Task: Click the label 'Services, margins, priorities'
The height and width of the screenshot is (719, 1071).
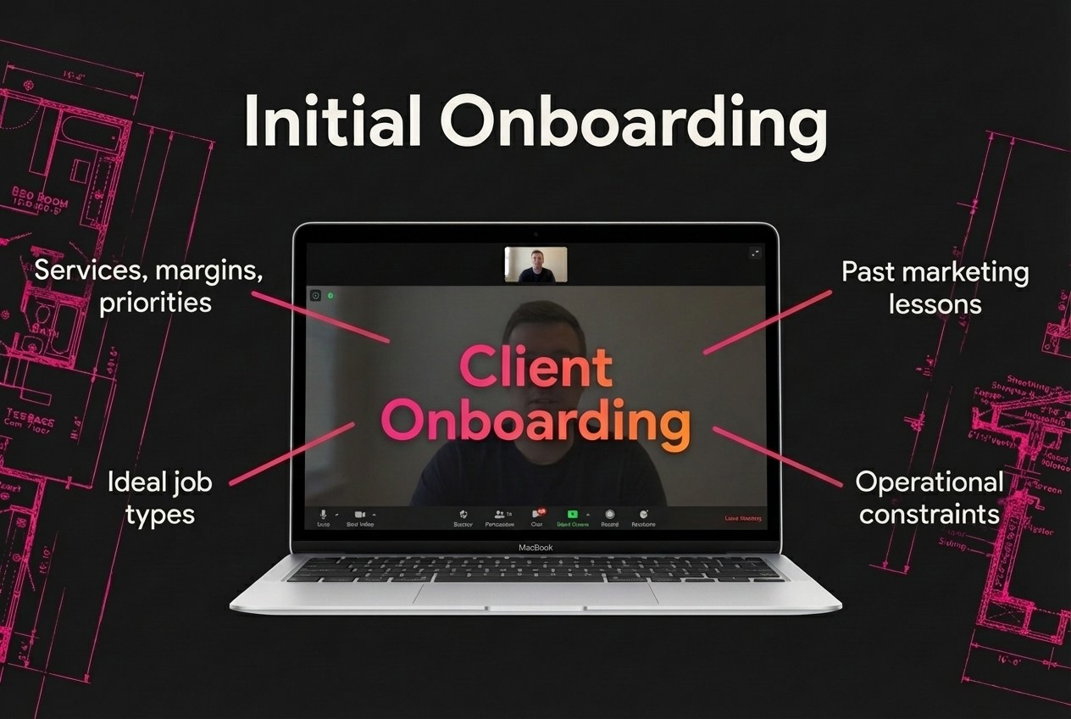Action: pos(148,287)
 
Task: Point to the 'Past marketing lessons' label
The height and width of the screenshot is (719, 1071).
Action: pos(935,287)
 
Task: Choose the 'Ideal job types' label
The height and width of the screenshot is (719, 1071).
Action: pos(159,497)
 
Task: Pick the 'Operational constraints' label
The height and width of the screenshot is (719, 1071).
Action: pos(929,497)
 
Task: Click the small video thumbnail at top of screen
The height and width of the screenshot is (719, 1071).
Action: pos(535,265)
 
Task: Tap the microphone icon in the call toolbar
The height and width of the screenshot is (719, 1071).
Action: pos(323,515)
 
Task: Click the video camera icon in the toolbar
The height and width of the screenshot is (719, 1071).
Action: pos(359,515)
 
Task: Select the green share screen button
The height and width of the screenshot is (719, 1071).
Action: pos(572,515)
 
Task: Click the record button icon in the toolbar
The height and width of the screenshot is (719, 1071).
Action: pos(609,515)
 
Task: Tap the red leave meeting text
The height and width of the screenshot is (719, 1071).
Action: pos(742,518)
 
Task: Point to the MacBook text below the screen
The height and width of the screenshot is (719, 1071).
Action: pos(535,548)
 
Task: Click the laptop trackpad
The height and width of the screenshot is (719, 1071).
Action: pos(535,593)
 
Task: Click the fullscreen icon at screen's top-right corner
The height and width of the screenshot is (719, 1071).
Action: pos(755,253)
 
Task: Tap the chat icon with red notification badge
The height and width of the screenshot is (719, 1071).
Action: pos(536,515)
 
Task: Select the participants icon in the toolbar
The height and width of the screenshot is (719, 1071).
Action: pos(499,515)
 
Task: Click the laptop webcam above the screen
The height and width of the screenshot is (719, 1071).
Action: pos(535,233)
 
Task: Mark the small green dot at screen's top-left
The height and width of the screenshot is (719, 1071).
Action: pos(330,296)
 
